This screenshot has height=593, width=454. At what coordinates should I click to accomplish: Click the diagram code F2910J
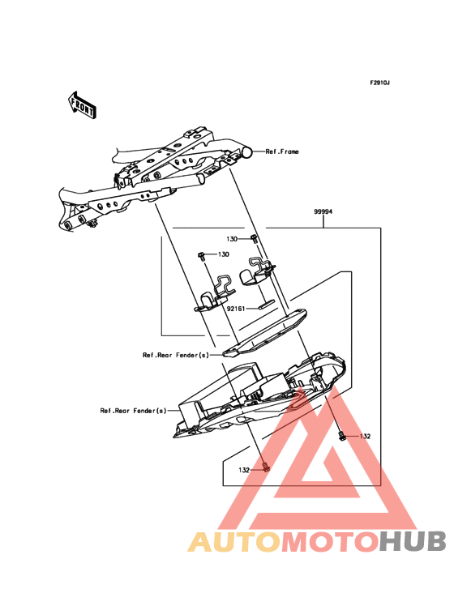[380, 83]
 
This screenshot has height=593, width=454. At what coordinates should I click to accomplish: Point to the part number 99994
[323, 212]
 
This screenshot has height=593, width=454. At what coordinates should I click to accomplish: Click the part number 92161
[237, 309]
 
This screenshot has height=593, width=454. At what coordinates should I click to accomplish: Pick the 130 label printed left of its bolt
[232, 240]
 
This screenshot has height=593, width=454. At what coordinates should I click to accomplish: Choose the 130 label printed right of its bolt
[223, 254]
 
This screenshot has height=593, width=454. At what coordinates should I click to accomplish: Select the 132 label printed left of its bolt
[243, 469]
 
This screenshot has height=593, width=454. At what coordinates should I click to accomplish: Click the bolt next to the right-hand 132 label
[344, 437]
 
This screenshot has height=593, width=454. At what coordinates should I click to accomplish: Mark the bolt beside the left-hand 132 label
[264, 467]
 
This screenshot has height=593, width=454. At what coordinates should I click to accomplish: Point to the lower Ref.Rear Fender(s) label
[133, 410]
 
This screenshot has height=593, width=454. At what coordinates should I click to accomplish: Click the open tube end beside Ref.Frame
[246, 151]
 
